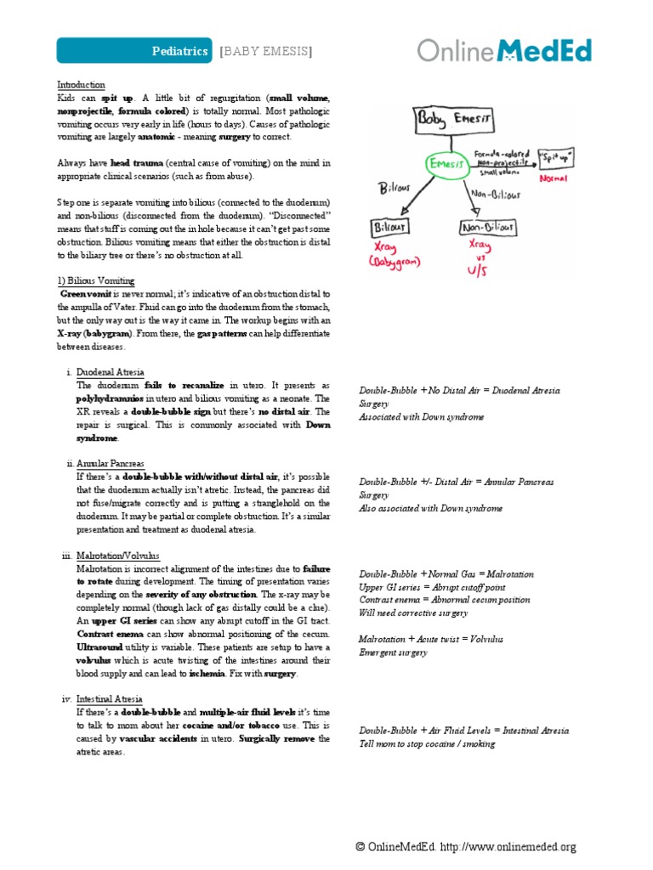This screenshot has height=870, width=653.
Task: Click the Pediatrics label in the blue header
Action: (179, 51)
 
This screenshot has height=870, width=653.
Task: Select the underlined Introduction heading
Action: (81, 85)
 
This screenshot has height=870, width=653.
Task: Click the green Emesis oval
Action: (451, 166)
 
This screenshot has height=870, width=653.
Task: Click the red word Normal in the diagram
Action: (554, 179)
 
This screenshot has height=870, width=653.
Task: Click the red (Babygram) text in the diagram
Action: (395, 263)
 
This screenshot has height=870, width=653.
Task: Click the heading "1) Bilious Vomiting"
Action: (95, 281)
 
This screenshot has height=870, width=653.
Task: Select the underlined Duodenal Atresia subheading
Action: (111, 373)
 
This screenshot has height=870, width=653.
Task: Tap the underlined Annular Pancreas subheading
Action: (111, 465)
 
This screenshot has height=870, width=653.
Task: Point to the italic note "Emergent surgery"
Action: (393, 652)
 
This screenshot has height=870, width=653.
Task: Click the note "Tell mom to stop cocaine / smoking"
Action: (426, 744)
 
